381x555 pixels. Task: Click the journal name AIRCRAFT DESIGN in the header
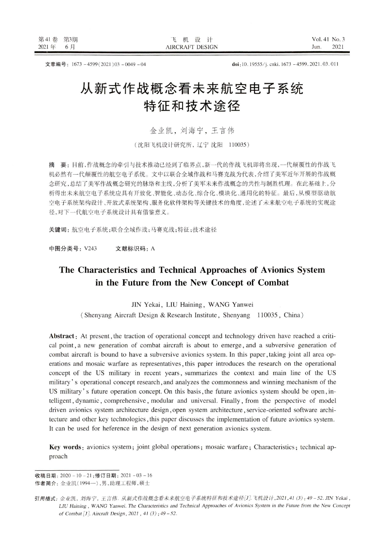[192, 47]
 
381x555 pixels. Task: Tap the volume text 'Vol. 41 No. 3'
[328, 39]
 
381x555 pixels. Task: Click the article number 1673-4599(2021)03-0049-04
[109, 64]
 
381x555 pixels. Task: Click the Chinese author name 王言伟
[223, 131]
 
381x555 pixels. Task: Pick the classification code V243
[91, 249]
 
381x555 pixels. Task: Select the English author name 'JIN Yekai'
[146, 304]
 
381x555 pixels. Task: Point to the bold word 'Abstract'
[62, 336]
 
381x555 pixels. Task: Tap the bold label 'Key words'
[65, 447]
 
